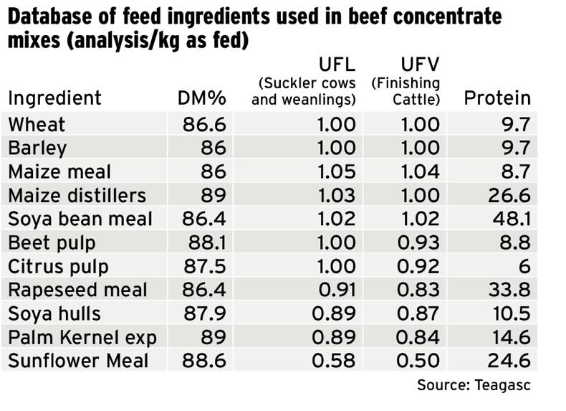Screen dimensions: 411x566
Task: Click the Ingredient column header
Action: tap(55, 98)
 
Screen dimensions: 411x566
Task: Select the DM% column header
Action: tap(201, 98)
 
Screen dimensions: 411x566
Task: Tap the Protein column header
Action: tap(498, 98)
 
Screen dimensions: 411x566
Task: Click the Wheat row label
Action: tap(37, 124)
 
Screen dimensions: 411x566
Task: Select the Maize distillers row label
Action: tap(77, 195)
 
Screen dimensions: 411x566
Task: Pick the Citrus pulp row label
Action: tap(59, 266)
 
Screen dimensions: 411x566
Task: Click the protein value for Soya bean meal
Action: tap(512, 219)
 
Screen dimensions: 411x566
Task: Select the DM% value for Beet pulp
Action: tap(205, 242)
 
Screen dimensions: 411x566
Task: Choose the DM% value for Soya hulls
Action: tap(205, 313)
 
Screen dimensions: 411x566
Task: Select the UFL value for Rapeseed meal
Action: tap(336, 290)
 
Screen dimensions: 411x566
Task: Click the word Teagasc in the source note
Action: tap(504, 385)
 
